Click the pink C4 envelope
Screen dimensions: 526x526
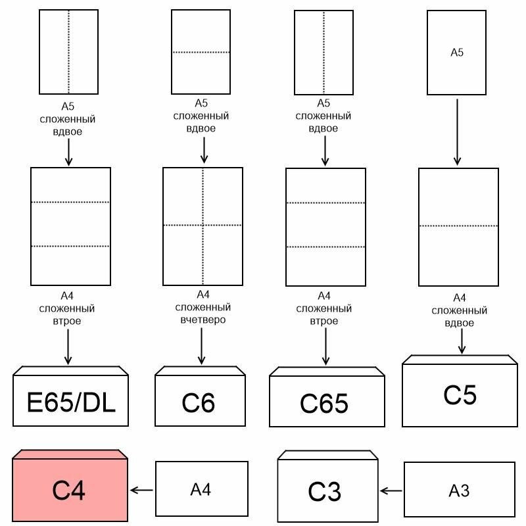(70, 490)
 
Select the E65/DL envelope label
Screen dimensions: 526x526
(72, 402)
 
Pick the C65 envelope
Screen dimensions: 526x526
(324, 403)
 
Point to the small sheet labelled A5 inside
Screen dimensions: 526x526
(457, 53)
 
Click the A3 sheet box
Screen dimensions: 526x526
(459, 489)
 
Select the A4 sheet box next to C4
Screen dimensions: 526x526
(201, 489)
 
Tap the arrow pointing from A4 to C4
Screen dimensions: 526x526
(142, 490)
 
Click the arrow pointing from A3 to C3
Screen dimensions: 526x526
(392, 490)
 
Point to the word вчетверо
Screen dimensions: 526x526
(203, 320)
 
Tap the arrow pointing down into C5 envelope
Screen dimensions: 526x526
(462, 341)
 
